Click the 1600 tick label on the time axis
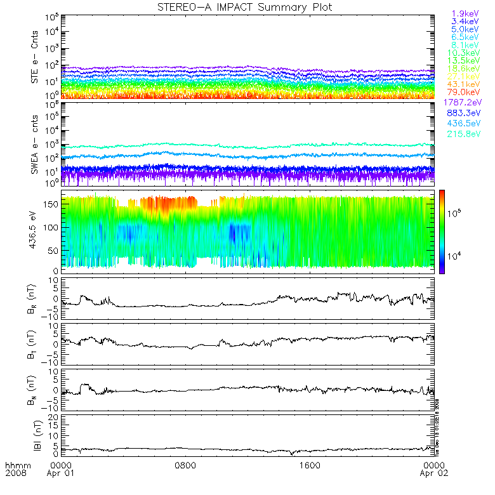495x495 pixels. tap(309, 466)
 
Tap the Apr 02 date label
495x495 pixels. tap(433, 474)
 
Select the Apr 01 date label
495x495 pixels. tap(62, 474)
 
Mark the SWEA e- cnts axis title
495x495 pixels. tap(36, 144)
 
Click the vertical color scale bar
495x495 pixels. tap(442, 232)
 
